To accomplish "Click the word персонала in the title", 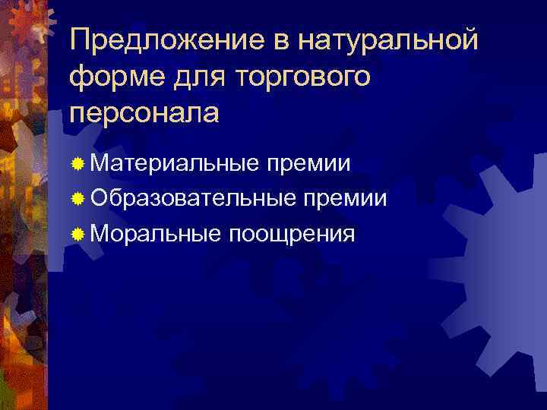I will coord(144,112).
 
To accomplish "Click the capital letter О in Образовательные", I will coord(99,199).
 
